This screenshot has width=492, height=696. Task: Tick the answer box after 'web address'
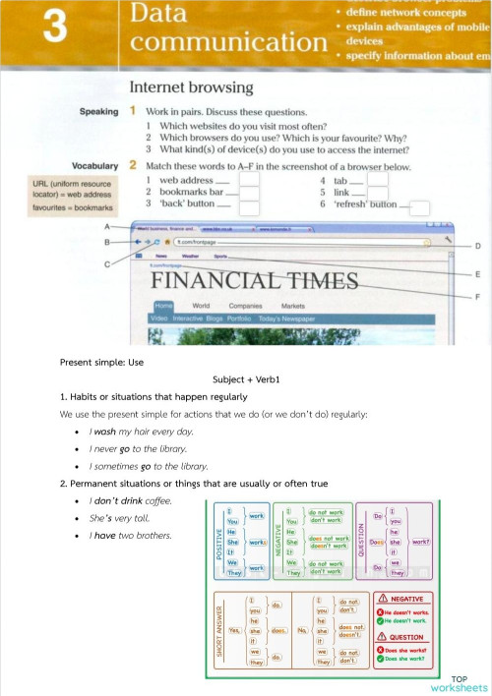point(250,180)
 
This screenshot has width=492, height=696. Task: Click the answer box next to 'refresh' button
point(419,207)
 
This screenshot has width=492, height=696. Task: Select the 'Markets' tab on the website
point(293,306)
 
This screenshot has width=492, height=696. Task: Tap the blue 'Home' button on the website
point(162,306)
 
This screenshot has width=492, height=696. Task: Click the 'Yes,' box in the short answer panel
point(234,630)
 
